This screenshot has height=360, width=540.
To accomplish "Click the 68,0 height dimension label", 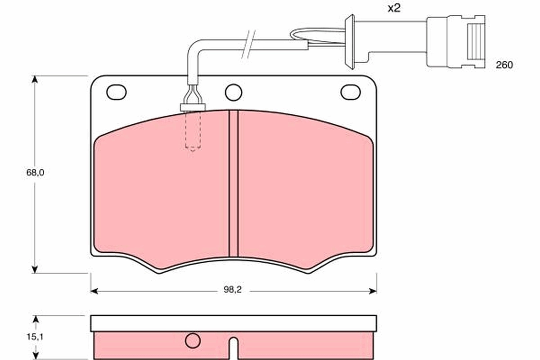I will tap(35, 172).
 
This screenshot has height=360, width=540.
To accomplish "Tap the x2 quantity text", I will tap(394, 9).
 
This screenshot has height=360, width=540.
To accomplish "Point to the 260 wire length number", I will tap(504, 65).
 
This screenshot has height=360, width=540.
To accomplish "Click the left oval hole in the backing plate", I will tap(116, 92).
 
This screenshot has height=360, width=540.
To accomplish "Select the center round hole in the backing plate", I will tap(234, 93).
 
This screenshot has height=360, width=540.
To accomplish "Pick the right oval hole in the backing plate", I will tap(350, 92).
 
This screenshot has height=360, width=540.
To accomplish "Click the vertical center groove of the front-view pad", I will tap(233, 184).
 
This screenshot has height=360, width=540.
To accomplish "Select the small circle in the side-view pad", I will tap(193, 340).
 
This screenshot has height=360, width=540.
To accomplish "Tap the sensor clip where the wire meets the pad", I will tap(193, 107).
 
